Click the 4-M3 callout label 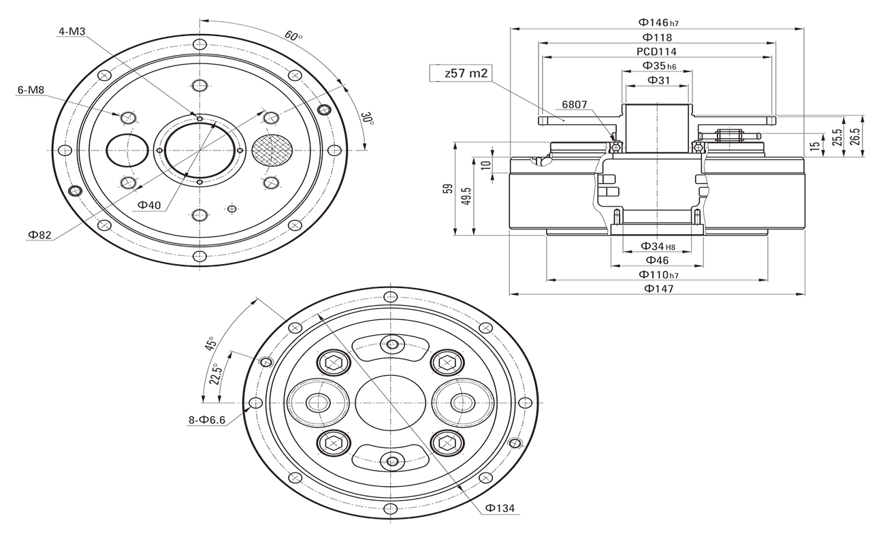pyautogui.click(x=71, y=32)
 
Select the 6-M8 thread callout pyautogui.click(x=31, y=89)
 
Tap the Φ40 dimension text pyautogui.click(x=149, y=205)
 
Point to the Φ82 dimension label pyautogui.click(x=39, y=235)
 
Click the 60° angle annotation pyautogui.click(x=293, y=35)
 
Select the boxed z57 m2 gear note pyautogui.click(x=460, y=74)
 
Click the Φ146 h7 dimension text pyautogui.click(x=659, y=22)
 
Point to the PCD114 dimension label pyautogui.click(x=656, y=51)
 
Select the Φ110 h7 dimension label pyautogui.click(x=658, y=274)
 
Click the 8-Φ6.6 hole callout pyautogui.click(x=206, y=420)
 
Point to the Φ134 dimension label pyautogui.click(x=500, y=508)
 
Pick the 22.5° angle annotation pyautogui.click(x=214, y=374)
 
